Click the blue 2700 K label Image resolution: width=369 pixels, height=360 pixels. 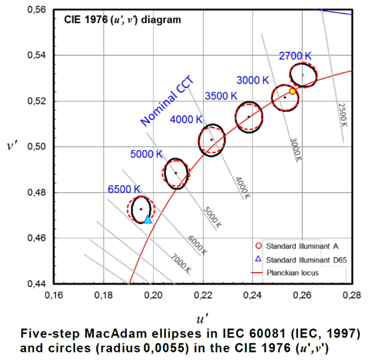[x=295, y=56]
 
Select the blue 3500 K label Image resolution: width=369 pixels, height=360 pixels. [x=221, y=96]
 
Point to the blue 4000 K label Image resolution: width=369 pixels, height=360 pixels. [x=186, y=120]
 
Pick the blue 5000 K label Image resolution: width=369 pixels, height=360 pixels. [x=146, y=154]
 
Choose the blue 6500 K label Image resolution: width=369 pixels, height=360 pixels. [x=124, y=189]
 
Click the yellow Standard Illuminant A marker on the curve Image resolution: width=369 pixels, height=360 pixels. [x=292, y=91]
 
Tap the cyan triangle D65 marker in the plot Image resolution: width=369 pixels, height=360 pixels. [x=148, y=220]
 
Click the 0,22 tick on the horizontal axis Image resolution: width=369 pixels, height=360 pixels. [x=203, y=295]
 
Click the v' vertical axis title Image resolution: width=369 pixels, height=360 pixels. [x=12, y=147]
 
